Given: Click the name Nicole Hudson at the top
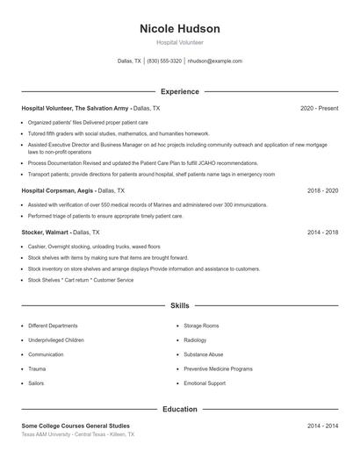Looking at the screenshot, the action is click(x=180, y=28).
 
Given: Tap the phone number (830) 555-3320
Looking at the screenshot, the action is click(x=164, y=61).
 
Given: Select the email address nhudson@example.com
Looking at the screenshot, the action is click(x=215, y=61).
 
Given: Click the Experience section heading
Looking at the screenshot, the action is click(x=180, y=91).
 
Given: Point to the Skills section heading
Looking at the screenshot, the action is click(x=180, y=306).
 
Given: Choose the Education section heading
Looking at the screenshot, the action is click(x=180, y=409).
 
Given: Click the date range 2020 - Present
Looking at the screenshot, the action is click(x=319, y=108).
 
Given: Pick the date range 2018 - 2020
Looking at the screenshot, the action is click(x=322, y=190).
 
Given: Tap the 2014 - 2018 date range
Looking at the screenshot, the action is click(x=322, y=232).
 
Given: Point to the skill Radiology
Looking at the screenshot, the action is click(x=195, y=340).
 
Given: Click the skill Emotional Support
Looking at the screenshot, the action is click(x=205, y=383).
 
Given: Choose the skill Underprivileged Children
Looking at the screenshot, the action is click(x=56, y=340).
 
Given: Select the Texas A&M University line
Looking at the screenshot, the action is click(x=78, y=434).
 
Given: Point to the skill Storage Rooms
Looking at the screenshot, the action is click(x=201, y=325).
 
